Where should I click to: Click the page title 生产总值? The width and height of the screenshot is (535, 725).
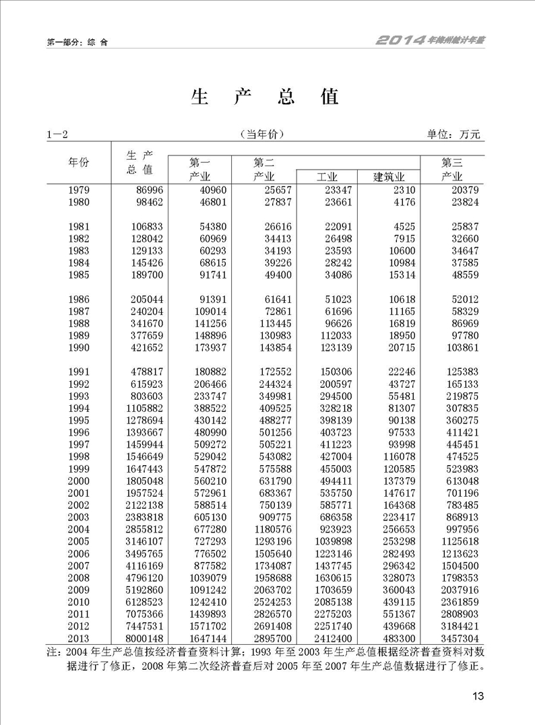(x=265, y=97)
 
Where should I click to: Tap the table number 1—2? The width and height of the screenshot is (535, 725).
(x=57, y=135)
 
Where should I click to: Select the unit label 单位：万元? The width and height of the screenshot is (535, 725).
(x=454, y=135)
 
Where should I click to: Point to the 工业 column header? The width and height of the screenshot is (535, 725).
(x=327, y=177)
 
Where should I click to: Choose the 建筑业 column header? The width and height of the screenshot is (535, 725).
(x=388, y=177)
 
